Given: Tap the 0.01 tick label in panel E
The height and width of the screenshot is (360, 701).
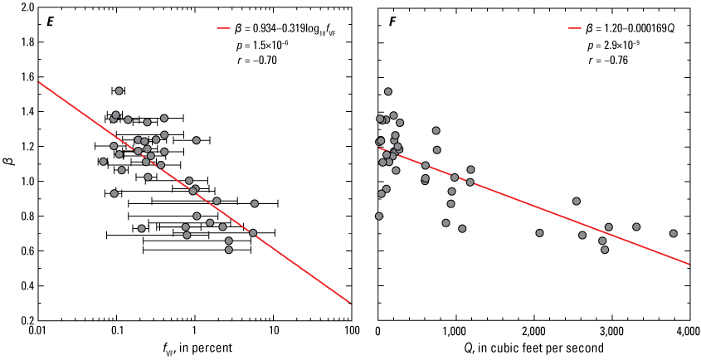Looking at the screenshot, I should tap(38, 331).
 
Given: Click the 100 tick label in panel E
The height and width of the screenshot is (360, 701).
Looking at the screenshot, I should tap(352, 331).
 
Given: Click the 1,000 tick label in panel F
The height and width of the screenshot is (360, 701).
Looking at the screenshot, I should tap(455, 331).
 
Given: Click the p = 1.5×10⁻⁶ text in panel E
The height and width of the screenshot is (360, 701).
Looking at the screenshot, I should tap(262, 45).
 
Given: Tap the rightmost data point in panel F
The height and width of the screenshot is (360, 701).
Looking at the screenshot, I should tap(674, 233).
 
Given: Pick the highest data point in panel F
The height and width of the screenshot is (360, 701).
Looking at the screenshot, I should tap(388, 91).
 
